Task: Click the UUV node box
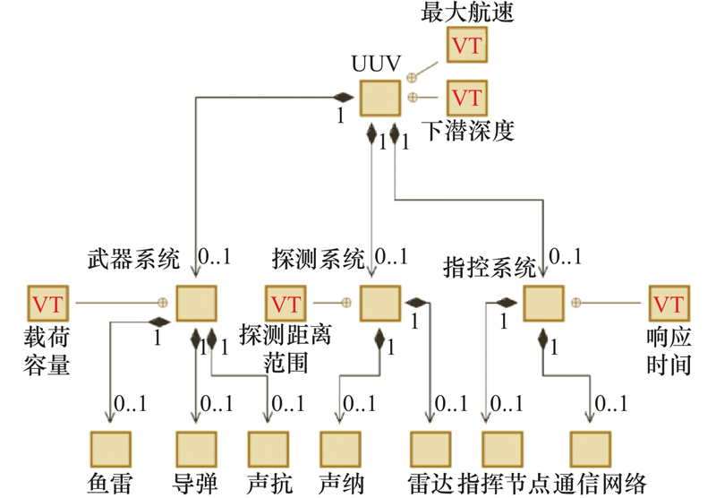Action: click(x=379, y=97)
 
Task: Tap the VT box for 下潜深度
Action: click(x=467, y=96)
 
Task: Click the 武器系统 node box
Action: click(x=195, y=303)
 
